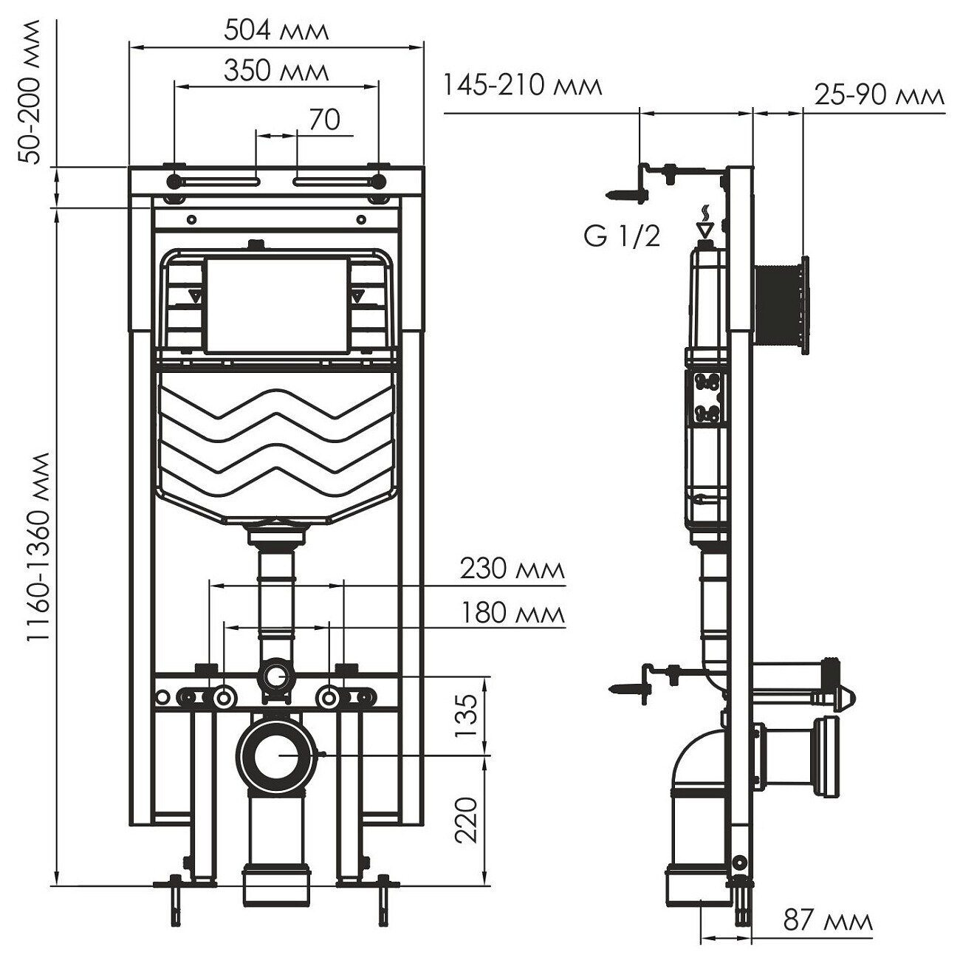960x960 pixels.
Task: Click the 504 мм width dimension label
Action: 276,31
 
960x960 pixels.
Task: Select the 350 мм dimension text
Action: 276,72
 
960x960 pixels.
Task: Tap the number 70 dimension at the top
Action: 324,120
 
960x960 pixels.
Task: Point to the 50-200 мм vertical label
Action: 31,92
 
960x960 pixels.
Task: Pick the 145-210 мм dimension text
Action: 523,86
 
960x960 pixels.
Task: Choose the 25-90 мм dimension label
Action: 880,95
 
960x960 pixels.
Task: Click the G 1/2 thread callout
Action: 622,236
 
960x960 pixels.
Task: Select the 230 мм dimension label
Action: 512,569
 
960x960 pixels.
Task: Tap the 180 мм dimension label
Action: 512,613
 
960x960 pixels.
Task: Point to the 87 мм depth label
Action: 828,921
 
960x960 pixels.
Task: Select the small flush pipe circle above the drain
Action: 276,675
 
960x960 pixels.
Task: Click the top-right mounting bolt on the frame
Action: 379,181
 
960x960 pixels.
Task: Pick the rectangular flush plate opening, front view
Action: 276,304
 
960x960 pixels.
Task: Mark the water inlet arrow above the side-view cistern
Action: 705,227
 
